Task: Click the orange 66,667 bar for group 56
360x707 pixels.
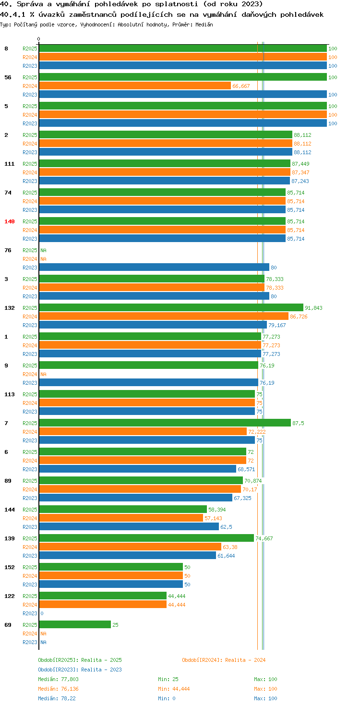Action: click(135, 86)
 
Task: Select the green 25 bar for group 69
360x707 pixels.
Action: click(75, 624)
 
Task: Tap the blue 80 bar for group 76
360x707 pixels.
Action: click(154, 268)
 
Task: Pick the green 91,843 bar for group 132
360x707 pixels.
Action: click(171, 308)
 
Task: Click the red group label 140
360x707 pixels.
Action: click(10, 221)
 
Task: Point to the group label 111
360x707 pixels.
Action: click(10, 164)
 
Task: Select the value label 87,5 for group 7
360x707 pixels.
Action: click(298, 423)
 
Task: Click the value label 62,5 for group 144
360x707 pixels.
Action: click(226, 527)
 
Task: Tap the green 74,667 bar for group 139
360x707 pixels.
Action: click(147, 538)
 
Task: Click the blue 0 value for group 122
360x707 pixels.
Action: click(42, 613)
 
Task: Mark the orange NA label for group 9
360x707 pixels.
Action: click(44, 374)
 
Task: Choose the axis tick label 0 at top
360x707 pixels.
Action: click(38, 39)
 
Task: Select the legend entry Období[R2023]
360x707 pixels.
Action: click(58, 670)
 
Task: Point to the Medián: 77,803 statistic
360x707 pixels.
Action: click(59, 679)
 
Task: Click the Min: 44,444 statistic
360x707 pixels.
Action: click(174, 689)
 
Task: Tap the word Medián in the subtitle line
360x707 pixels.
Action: click(204, 24)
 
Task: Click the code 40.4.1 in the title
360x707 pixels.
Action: click(12, 14)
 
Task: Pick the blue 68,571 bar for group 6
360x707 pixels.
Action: click(138, 469)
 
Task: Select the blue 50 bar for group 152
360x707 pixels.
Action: click(111, 584)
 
